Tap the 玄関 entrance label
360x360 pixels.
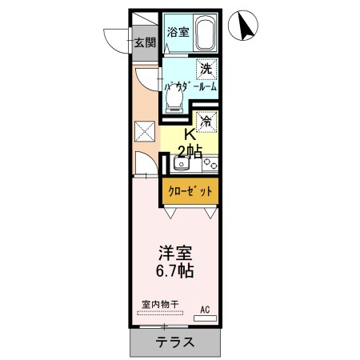(144, 43)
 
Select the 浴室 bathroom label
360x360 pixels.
(177, 32)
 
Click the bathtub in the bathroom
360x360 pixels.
(204, 35)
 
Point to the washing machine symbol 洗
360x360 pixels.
(206, 69)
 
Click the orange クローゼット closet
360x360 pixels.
(190, 191)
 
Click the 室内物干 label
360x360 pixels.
(160, 303)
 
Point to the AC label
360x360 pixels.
(205, 308)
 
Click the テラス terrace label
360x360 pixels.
(174, 342)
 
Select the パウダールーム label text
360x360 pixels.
(190, 86)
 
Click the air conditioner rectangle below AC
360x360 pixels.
(205, 318)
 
